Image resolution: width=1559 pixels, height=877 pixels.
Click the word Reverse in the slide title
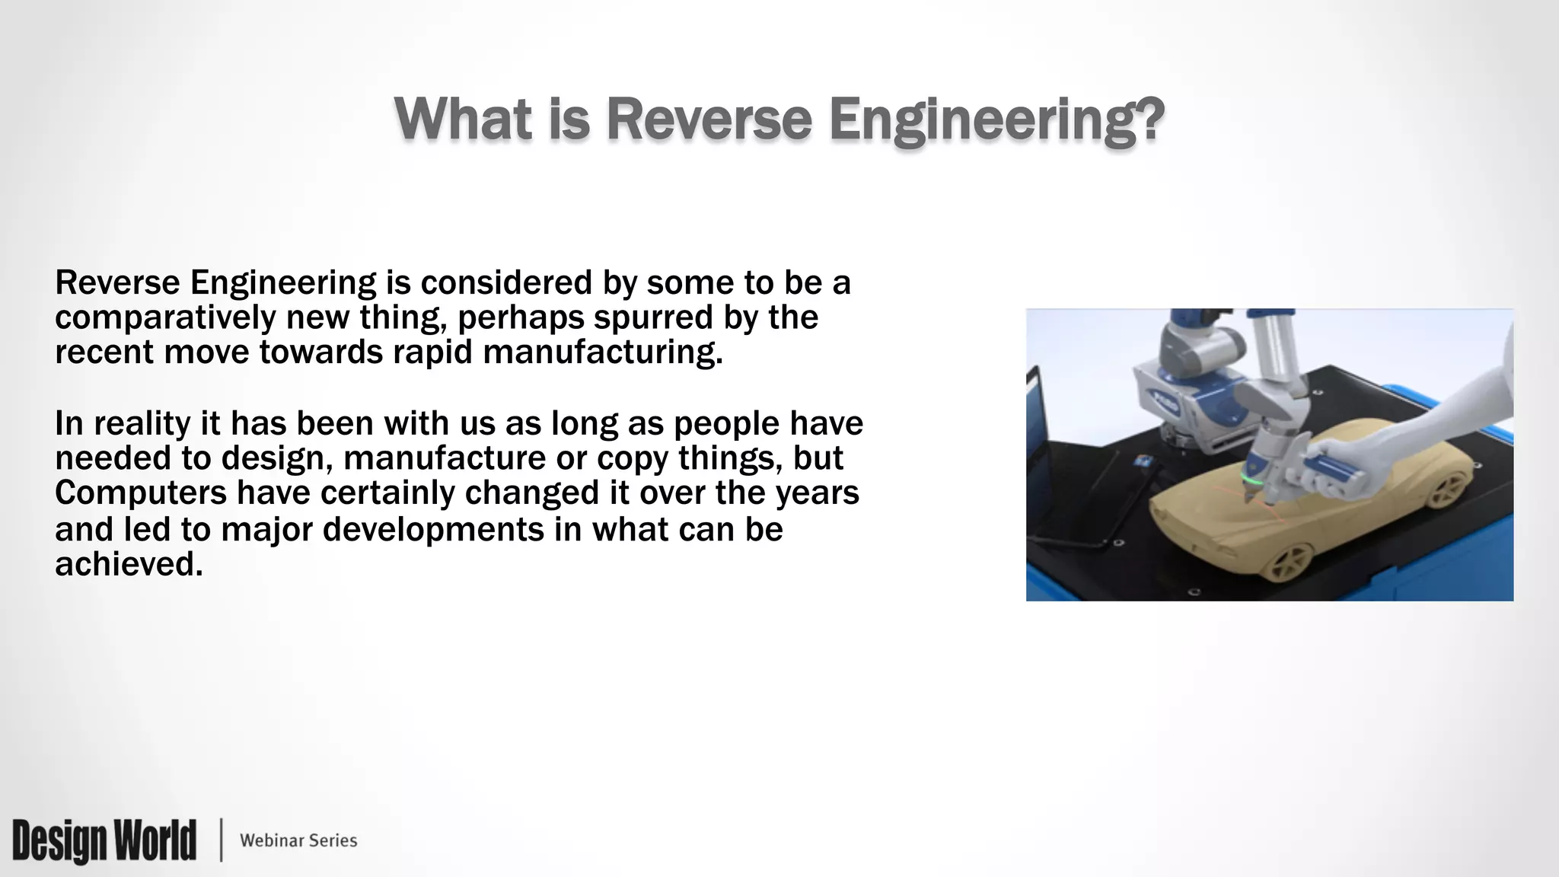pyautogui.click(x=709, y=120)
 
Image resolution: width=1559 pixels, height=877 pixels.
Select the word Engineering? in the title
pyautogui.click(x=996, y=120)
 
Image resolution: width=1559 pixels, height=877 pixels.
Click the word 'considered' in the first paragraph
pyautogui.click(x=506, y=282)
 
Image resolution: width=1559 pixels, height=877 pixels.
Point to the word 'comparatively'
pyautogui.click(x=165, y=317)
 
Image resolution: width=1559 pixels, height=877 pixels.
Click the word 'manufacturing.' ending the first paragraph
pyautogui.click(x=602, y=352)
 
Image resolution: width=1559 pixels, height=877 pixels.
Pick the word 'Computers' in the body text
pyautogui.click(x=141, y=493)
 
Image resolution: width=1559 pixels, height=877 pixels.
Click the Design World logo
pyautogui.click(x=104, y=840)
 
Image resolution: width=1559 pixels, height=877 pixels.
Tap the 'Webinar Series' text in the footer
pyautogui.click(x=298, y=840)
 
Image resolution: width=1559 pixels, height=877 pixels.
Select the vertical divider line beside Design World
pyautogui.click(x=222, y=840)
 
